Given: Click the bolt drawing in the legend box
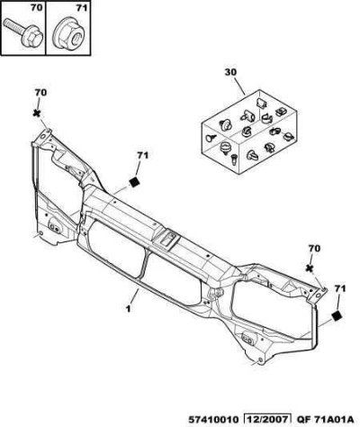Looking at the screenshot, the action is coord(23,32).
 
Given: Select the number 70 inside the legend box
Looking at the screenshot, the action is coord(36,8).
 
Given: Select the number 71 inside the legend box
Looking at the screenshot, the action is coord(81,8).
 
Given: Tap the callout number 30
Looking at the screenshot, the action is coord(230,72).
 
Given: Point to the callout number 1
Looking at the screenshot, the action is coord(128,308).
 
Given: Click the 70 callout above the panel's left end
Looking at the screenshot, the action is coord(40,93).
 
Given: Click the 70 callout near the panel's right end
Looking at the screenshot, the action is coord(314,249).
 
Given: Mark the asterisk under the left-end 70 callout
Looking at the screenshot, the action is coord(37,114).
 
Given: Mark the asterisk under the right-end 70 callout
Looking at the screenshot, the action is coord(310,268).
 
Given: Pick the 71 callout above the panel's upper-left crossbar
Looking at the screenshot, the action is coord(143,155).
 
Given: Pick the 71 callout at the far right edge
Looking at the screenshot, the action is coord(340,288).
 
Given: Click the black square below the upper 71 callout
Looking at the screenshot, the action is coord(135,181).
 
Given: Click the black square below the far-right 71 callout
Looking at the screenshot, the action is coord(337,315).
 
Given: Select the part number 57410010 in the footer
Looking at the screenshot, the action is coord(213,419).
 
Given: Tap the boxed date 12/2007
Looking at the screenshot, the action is coord(267,419).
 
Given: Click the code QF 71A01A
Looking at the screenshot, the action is coord(326,419).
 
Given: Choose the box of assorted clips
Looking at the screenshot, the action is coord(249,132).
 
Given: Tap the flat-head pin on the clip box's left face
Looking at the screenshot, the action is coord(211,138).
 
